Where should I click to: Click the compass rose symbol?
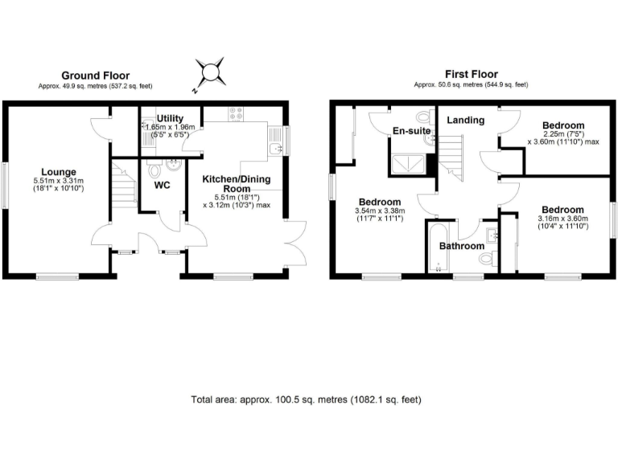(x=213, y=72)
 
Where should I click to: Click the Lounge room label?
(x=60, y=172)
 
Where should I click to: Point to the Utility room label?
(x=171, y=118)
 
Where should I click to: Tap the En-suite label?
(x=409, y=131)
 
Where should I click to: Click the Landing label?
(x=466, y=121)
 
